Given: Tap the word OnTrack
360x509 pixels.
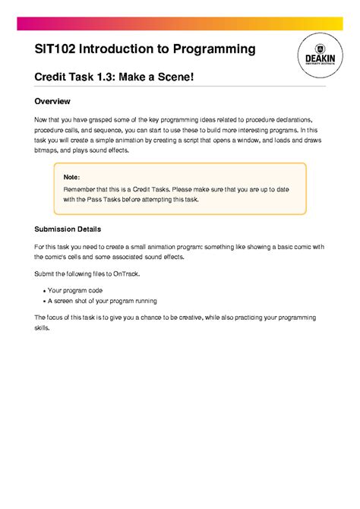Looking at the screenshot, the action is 126,273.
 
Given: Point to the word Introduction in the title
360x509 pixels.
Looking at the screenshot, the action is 116,49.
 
